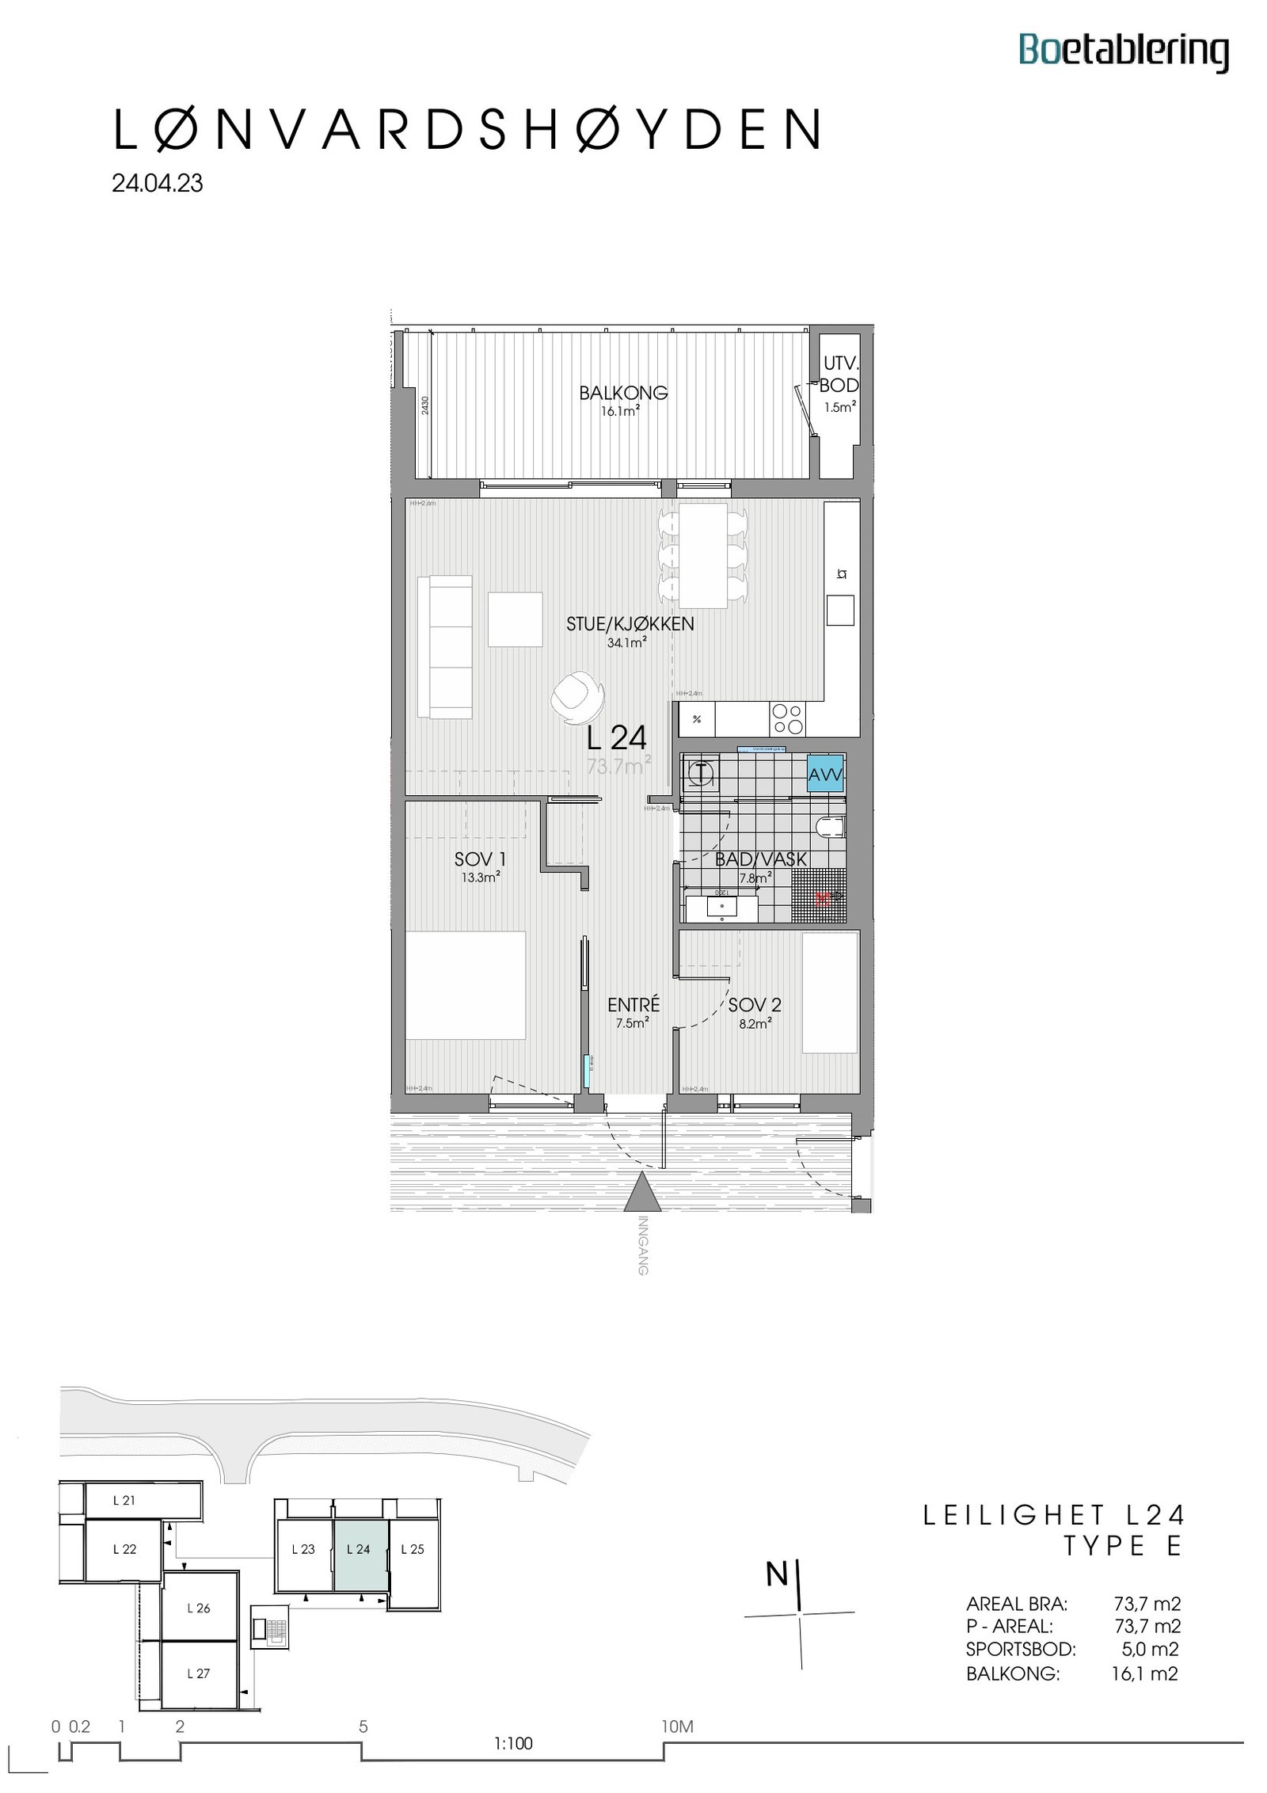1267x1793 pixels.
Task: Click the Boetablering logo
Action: click(x=1123, y=51)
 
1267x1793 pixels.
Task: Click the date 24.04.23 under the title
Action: click(x=158, y=184)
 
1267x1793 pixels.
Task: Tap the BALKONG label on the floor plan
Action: click(x=623, y=393)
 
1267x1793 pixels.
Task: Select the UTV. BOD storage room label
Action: click(x=839, y=375)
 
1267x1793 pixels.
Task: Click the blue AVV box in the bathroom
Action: click(x=825, y=775)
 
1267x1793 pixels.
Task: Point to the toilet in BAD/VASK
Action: click(x=830, y=828)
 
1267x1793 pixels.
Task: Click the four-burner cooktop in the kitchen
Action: click(x=787, y=720)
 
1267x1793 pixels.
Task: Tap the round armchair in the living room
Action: click(x=577, y=696)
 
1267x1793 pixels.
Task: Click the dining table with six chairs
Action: click(x=703, y=556)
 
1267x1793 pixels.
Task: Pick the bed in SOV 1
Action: click(x=466, y=985)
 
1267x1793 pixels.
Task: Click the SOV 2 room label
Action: click(x=754, y=1005)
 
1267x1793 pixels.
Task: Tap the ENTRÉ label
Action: click(x=633, y=1005)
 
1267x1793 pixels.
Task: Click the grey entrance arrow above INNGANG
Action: click(x=642, y=1193)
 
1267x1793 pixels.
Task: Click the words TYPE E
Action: click(x=1122, y=1546)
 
